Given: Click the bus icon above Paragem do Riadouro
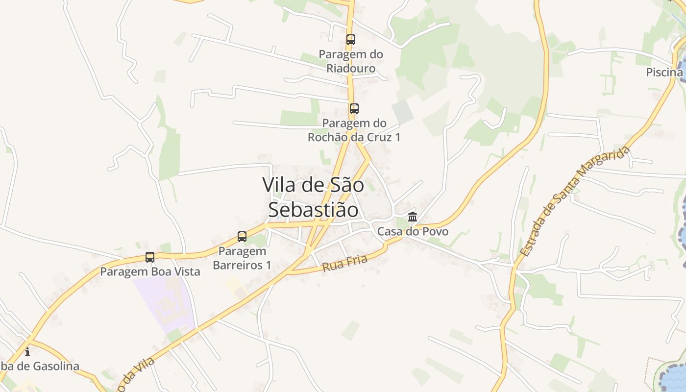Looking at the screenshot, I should pyautogui.click(x=350, y=40).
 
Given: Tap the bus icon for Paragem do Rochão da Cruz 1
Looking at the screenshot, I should pyautogui.click(x=354, y=109).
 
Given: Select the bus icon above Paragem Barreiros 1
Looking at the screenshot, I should pyautogui.click(x=242, y=237).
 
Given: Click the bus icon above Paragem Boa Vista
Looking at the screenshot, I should pyautogui.click(x=150, y=257).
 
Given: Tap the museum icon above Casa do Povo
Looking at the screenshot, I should pyautogui.click(x=413, y=217).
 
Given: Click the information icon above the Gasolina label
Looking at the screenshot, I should pyautogui.click(x=27, y=352).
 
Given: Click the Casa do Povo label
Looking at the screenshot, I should pyautogui.click(x=413, y=231).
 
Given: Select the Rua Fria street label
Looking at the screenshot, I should pyautogui.click(x=344, y=264).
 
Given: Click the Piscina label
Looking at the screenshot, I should pyautogui.click(x=664, y=73).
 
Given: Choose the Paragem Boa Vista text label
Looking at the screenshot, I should pyautogui.click(x=150, y=271).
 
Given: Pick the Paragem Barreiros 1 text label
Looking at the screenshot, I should pyautogui.click(x=242, y=258).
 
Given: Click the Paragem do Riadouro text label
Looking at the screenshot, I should pyautogui.click(x=351, y=61).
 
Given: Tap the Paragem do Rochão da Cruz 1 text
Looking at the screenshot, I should pyautogui.click(x=354, y=130).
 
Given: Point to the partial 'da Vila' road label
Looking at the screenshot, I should pyautogui.click(x=137, y=373).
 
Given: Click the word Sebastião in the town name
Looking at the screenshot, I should pyautogui.click(x=313, y=209).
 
